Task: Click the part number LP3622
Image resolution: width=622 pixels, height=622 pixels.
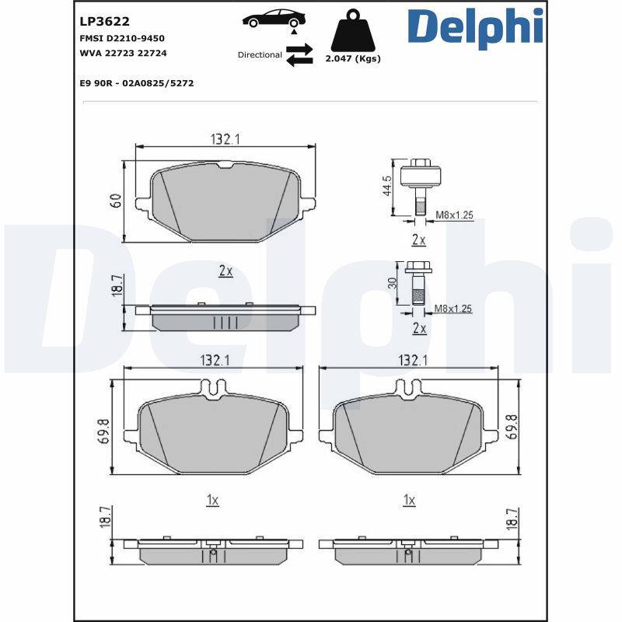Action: [x=105, y=22]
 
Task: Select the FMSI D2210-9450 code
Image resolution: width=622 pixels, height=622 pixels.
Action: [x=122, y=38]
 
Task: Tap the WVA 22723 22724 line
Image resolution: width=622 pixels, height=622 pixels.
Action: [x=124, y=53]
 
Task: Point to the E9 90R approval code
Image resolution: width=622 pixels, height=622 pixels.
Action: [x=136, y=82]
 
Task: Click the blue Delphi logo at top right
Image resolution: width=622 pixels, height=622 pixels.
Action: [x=474, y=27]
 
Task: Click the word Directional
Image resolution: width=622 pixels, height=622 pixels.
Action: [x=260, y=55]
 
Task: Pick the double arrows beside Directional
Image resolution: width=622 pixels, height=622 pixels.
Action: [x=299, y=55]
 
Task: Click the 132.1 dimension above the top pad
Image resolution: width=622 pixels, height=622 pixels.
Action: [x=225, y=139]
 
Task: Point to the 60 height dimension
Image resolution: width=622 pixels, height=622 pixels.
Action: [x=116, y=200]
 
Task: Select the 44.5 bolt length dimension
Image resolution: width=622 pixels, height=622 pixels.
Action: [x=386, y=187]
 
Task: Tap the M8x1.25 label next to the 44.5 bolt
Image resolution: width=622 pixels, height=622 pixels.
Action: [x=453, y=215]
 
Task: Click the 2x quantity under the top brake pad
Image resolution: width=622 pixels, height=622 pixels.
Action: [x=225, y=271]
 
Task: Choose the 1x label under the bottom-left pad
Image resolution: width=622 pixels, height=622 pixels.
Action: [x=212, y=500]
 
